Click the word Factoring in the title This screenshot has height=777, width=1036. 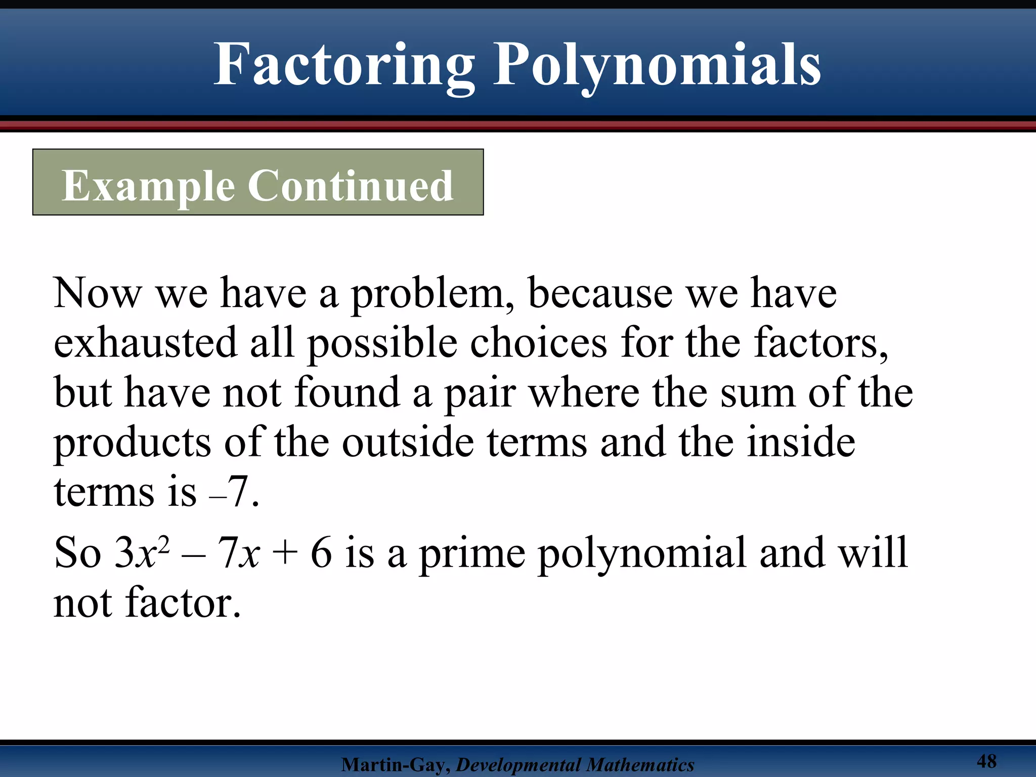click(344, 66)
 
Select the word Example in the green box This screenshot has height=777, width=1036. click(148, 186)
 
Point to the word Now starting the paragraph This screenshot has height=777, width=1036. click(97, 293)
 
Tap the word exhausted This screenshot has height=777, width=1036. click(146, 343)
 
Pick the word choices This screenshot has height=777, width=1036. click(539, 343)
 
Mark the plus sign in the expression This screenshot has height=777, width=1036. click(284, 553)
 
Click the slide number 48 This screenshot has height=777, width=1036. click(986, 761)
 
